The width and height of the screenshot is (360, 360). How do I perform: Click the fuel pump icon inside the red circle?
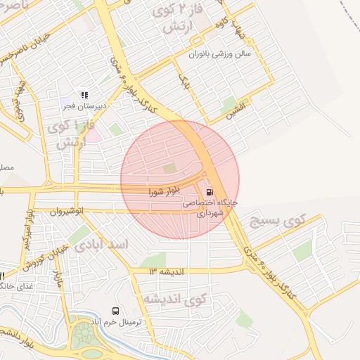[x=210, y=192]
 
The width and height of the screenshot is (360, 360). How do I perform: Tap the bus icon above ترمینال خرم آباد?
[x=115, y=310]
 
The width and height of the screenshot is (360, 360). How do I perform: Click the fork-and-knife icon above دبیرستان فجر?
[x=84, y=95]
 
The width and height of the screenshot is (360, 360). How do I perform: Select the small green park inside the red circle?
[x=169, y=168]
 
